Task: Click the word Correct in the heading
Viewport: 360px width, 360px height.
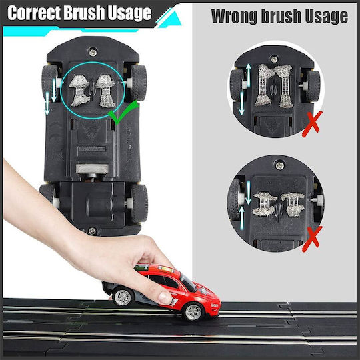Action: coord(35,13)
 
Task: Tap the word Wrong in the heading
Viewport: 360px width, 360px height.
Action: coord(234,16)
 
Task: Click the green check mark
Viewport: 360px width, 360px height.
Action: coord(123,112)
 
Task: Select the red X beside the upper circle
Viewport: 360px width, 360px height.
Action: coord(312,124)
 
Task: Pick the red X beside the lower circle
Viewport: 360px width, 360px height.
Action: coord(312,239)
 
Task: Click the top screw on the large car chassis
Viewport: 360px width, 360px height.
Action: coord(93,53)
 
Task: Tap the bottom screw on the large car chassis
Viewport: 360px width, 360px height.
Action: coord(92,231)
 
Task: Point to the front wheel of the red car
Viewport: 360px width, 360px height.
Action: coord(193,311)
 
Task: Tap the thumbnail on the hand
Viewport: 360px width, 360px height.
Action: coord(165,298)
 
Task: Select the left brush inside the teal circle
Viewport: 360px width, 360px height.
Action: coord(79,91)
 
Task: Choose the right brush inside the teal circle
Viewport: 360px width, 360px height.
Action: coord(105,91)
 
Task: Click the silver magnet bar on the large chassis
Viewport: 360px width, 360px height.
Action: coord(92,169)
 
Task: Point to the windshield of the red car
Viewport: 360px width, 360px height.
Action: coord(188,283)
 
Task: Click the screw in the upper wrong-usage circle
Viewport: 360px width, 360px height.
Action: coord(274,59)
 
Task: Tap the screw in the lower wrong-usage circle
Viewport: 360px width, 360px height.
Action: coord(280,165)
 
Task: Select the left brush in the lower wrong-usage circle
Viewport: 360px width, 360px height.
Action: coord(265,204)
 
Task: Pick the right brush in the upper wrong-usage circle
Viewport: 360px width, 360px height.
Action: coord(284,86)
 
